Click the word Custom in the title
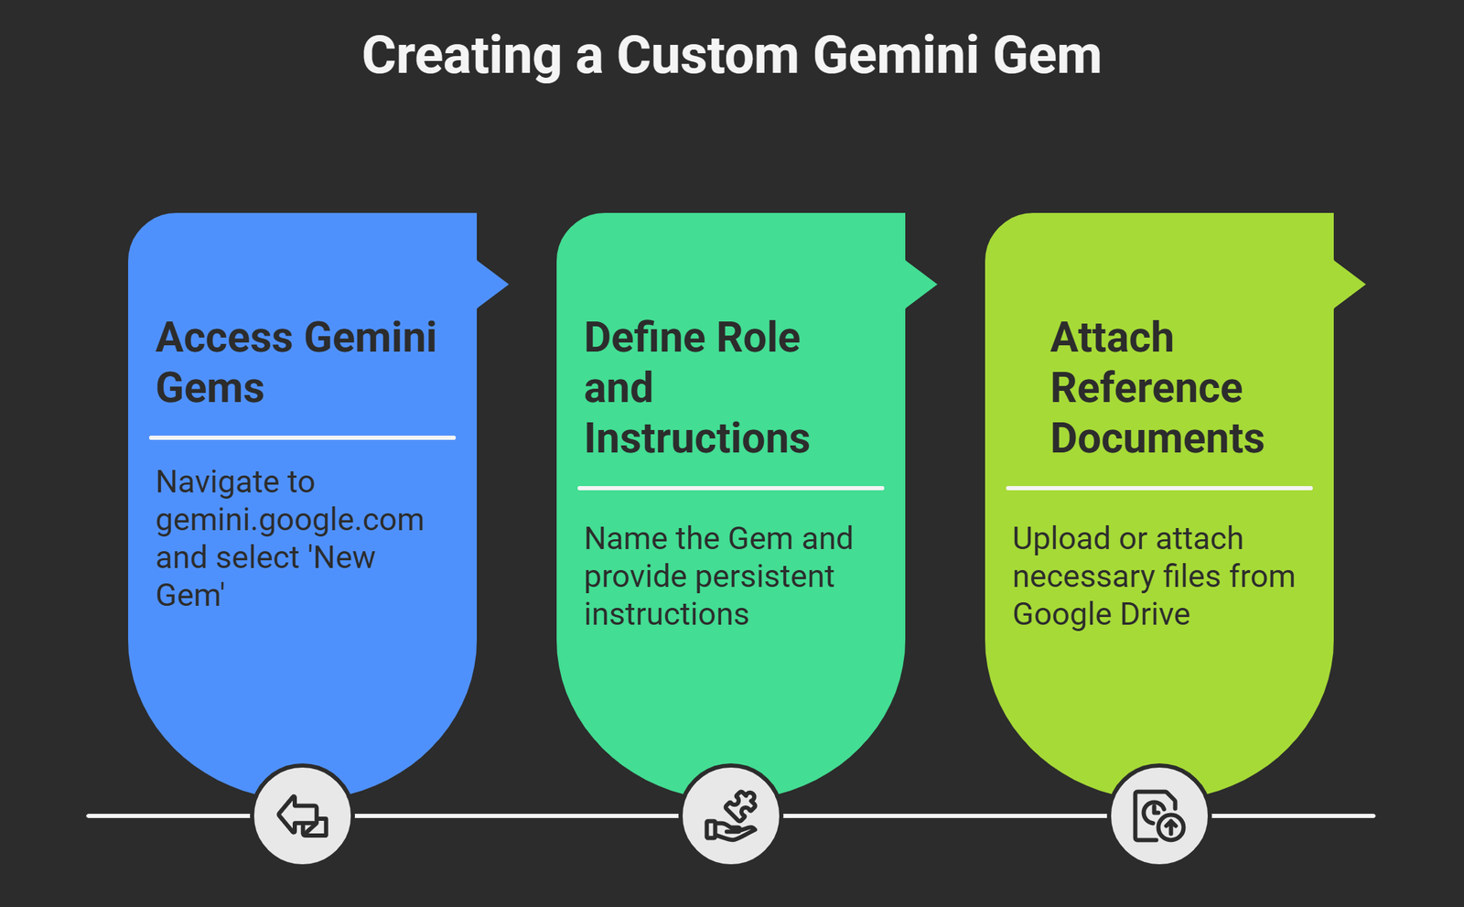click(x=707, y=56)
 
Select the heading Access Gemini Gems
click(x=296, y=362)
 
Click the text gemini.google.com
click(x=289, y=520)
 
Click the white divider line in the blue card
click(x=302, y=437)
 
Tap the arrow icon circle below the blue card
click(x=302, y=815)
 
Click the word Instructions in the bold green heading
click(x=696, y=438)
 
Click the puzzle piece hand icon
click(x=731, y=815)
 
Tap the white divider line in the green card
click(x=730, y=488)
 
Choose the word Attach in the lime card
click(x=1112, y=338)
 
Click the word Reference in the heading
click(x=1146, y=388)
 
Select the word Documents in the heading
click(x=1157, y=438)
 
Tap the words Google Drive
click(x=1101, y=614)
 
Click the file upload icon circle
click(x=1159, y=815)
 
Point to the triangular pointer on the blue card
click(x=491, y=284)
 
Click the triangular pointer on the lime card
click(x=1348, y=284)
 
